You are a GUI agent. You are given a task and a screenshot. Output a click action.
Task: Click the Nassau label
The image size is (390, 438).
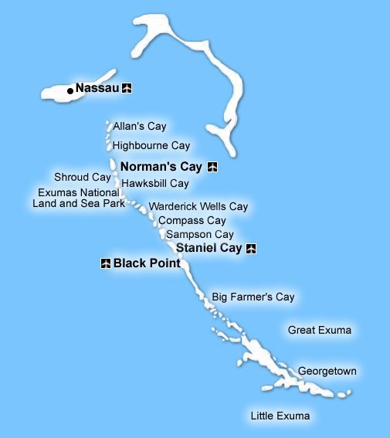click(97, 88)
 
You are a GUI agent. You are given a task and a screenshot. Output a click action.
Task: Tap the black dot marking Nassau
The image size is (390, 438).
click(70, 90)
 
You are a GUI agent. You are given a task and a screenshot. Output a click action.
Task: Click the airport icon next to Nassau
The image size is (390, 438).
click(127, 88)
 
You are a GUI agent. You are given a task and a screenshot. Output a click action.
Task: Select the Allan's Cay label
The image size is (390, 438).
click(140, 126)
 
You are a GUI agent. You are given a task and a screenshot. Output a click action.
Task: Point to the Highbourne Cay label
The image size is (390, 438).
click(151, 145)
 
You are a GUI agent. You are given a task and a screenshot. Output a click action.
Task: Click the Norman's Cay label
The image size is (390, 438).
click(161, 165)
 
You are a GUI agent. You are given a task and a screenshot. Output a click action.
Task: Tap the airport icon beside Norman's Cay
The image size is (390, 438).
click(212, 166)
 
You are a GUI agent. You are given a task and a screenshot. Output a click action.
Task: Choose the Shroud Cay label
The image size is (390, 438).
click(83, 177)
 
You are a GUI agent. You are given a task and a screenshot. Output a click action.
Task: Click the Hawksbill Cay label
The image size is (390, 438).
click(155, 184)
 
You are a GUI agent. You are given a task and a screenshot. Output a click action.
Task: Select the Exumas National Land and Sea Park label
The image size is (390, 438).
click(76, 199)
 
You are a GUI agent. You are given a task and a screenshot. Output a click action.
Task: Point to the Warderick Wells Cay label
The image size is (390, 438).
click(198, 207)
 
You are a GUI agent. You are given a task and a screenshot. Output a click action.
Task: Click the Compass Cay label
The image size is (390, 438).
click(192, 221)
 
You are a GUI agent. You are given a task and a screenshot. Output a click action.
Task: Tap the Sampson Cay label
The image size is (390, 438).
click(199, 234)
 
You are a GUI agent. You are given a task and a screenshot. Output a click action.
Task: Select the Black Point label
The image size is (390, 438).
click(147, 263)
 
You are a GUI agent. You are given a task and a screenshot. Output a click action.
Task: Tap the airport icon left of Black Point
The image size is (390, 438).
click(106, 263)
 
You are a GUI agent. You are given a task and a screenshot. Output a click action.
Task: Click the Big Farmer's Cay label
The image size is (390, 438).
click(253, 297)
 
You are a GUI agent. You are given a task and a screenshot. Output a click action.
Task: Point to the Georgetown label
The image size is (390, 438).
click(327, 372)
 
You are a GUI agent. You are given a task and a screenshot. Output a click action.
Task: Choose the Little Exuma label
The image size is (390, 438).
click(280, 416)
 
